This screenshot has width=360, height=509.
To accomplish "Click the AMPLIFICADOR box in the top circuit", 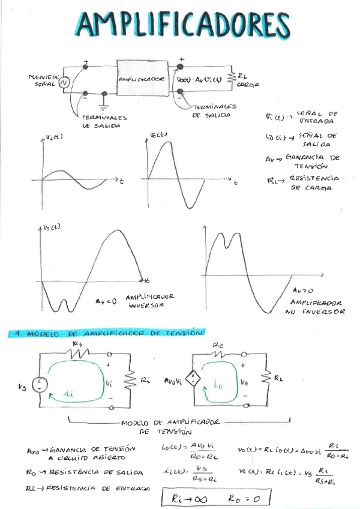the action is tap(142, 79).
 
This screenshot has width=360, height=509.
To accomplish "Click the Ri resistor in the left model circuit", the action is tap(130, 381).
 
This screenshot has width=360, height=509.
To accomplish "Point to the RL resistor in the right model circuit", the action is tap(264, 379).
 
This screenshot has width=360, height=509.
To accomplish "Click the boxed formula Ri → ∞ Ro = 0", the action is tap(217, 498).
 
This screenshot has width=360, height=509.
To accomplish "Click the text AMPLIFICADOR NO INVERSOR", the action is tap(317, 307).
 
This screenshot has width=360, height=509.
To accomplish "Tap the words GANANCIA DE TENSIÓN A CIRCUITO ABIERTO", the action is tap(90, 453).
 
